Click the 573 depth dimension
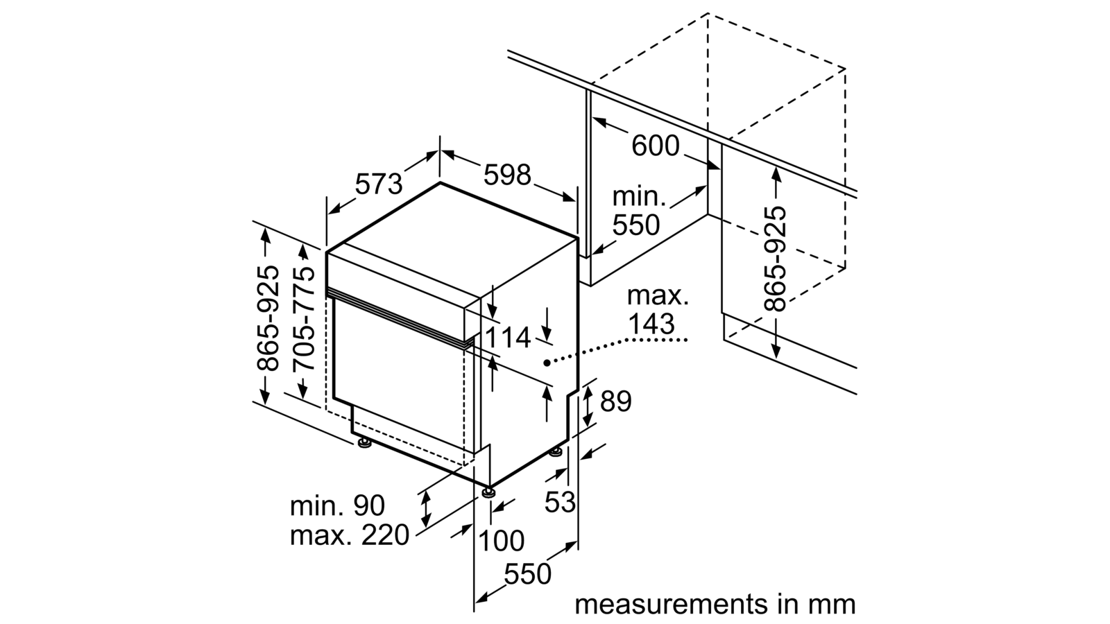379,184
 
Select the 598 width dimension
507,175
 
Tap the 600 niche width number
655,146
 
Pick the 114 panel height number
507,338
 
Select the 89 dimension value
616,401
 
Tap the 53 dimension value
560,502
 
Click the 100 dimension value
502,540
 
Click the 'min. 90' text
337,505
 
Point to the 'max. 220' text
350,535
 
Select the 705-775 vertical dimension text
304,319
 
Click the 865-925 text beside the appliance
268,319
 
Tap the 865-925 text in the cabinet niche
775,259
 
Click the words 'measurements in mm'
715,605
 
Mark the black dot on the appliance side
547,363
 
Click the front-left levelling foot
365,443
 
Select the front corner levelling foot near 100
489,492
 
